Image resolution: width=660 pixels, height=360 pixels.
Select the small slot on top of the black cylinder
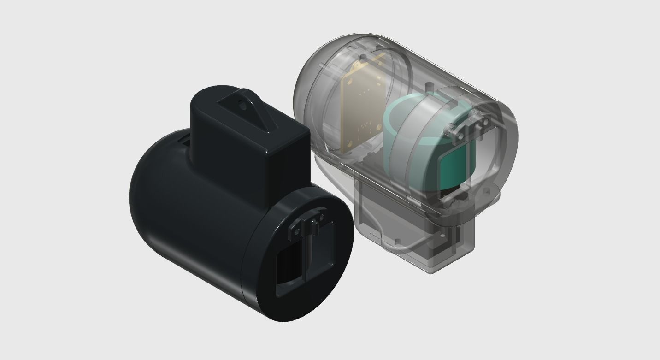pos(183,139)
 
